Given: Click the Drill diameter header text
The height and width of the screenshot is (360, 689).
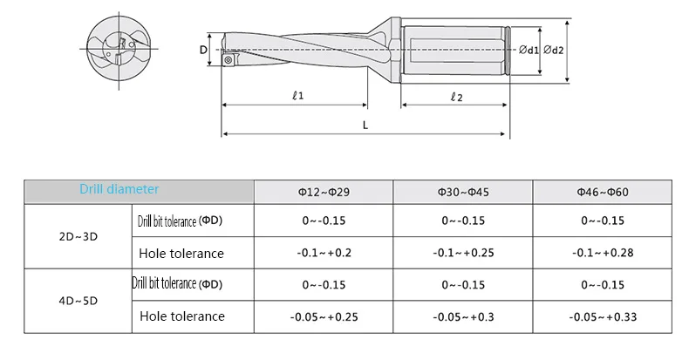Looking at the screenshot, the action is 119,189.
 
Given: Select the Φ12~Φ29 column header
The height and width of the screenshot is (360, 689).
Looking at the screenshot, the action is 324,193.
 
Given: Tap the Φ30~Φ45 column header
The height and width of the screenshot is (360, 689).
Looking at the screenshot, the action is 463,193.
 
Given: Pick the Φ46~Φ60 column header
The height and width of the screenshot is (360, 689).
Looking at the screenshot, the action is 603,193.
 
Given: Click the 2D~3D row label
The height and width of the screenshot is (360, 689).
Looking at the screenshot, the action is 78,236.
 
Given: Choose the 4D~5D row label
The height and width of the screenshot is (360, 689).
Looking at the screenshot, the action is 78,301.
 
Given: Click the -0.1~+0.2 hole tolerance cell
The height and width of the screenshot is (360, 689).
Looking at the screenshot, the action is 324,253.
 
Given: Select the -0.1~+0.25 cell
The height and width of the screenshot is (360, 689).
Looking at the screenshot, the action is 463,253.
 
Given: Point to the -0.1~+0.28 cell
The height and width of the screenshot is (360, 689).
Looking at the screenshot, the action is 603,253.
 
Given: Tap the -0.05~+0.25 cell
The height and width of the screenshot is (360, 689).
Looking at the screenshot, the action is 324,317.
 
